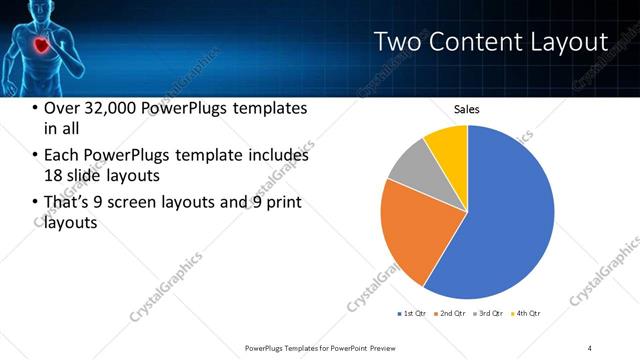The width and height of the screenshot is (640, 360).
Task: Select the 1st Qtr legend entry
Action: [x=411, y=314]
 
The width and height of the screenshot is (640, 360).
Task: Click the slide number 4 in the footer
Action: [x=590, y=347]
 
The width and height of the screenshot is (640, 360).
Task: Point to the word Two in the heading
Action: [x=396, y=42]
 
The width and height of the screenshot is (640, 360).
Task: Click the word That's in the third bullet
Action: [x=68, y=203]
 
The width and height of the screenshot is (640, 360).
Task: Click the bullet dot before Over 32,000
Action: [x=36, y=109]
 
